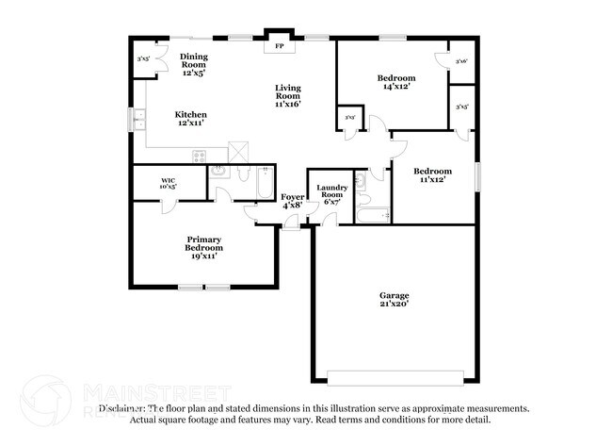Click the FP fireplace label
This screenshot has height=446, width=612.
[279, 46]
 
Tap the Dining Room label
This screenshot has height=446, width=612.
[194, 64]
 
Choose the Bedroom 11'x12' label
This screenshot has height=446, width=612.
[434, 175]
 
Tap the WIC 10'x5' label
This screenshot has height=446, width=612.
[169, 183]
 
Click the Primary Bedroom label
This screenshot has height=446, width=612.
[203, 247]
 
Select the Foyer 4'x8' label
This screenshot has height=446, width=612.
[292, 200]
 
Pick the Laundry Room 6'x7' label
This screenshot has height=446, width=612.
[332, 194]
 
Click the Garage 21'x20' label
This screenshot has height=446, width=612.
[395, 300]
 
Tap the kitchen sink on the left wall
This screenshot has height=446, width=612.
[138, 119]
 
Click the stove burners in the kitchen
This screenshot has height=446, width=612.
[199, 155]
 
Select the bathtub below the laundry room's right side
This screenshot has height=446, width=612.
[374, 216]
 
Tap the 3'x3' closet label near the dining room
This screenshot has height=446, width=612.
[143, 60]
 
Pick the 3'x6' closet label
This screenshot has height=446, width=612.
[461, 61]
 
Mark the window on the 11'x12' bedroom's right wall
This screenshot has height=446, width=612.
[477, 175]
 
